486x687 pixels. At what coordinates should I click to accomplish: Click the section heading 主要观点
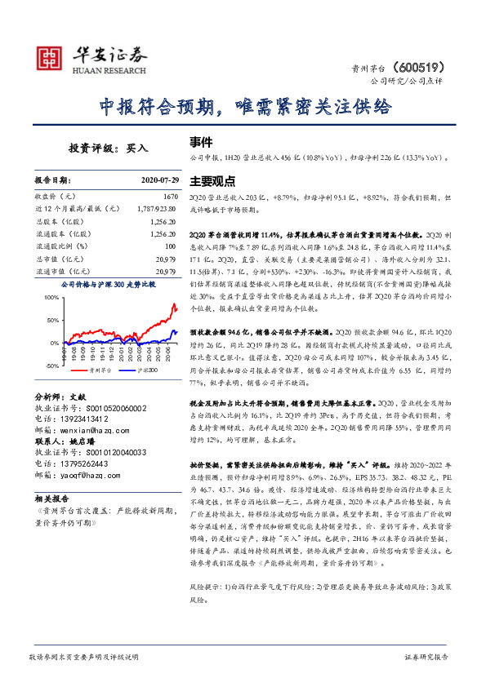212,180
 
